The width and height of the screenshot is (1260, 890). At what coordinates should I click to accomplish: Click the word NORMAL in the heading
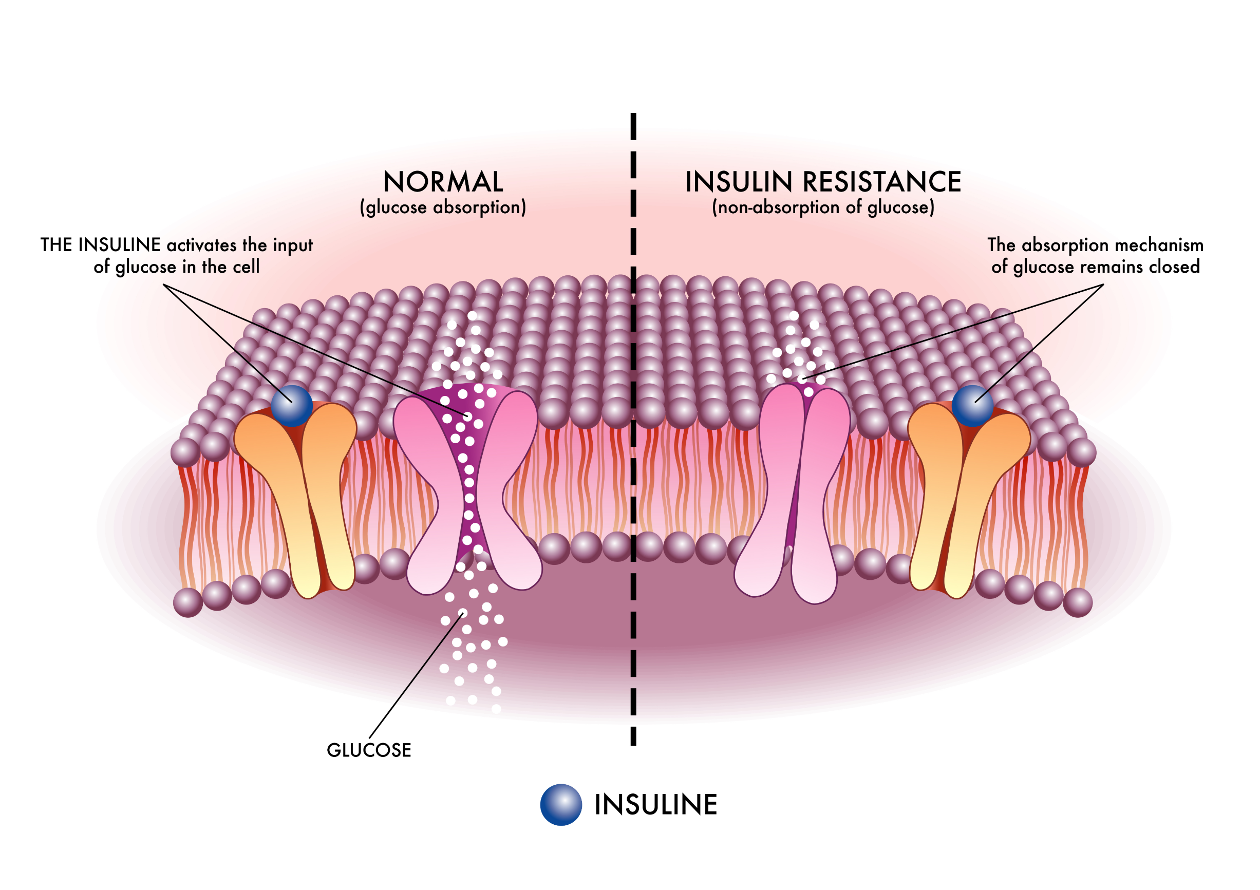pos(443,182)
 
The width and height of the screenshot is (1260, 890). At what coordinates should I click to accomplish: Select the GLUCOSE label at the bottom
pos(369,750)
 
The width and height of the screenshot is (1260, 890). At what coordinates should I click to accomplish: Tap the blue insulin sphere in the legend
pos(561,805)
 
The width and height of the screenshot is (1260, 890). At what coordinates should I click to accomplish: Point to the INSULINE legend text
pos(656,805)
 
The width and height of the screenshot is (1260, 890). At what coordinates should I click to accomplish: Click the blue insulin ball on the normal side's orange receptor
pos(292,406)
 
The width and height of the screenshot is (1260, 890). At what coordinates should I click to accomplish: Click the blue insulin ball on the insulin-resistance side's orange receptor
pos(972,406)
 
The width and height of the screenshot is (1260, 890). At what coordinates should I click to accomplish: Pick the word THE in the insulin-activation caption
pos(57,245)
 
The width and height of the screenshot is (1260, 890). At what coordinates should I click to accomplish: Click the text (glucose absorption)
pos(443,207)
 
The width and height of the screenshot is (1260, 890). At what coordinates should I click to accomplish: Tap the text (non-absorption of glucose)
pos(823,207)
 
